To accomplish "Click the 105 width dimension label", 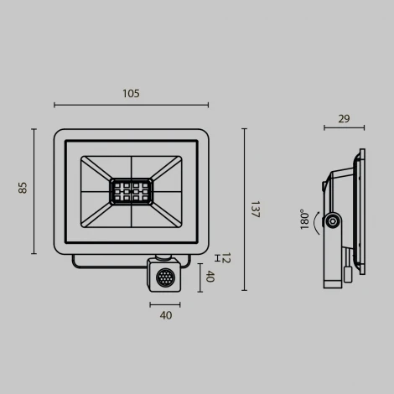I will click(131, 93).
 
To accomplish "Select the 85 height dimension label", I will click(23, 189).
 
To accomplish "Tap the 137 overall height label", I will click(254, 210).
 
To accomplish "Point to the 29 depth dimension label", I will click(344, 118).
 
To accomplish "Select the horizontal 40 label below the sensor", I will click(165, 315).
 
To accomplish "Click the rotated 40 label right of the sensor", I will click(210, 277).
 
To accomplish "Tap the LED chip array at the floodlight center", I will click(132, 190).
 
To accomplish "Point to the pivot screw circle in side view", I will click(334, 221).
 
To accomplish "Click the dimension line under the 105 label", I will click(131, 105).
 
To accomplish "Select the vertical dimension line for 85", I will click(34, 191).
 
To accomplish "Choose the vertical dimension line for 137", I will click(244, 210).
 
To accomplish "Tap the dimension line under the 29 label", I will click(344, 128).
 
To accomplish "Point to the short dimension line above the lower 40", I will click(165, 303).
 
